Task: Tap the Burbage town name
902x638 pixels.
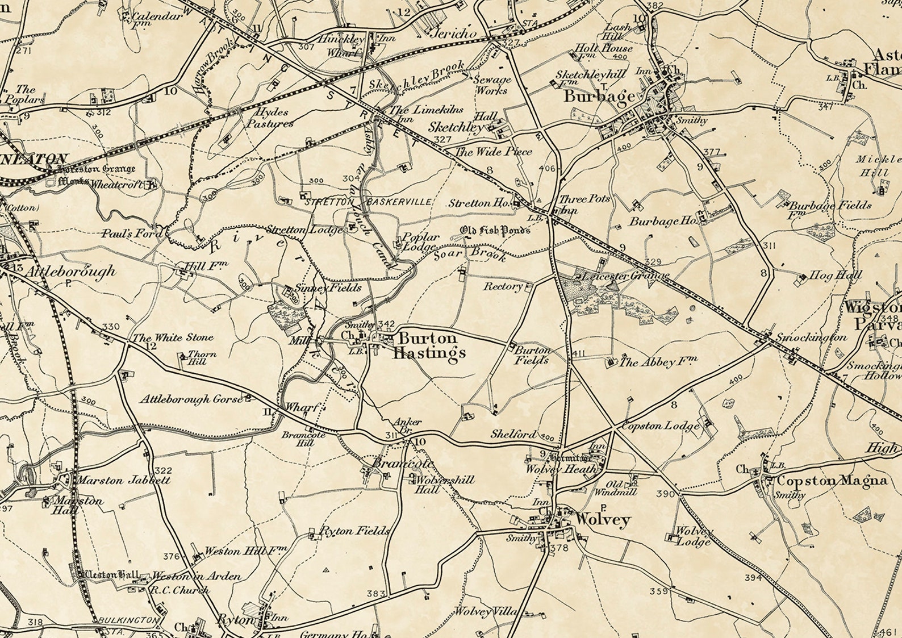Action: coord(599,97)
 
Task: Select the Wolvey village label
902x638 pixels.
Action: coord(603,519)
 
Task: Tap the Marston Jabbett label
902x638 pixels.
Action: coord(123,481)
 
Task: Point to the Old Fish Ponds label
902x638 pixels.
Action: coord(495,230)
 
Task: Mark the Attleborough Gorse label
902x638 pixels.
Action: coord(191,399)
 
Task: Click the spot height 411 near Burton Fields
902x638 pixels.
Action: coord(579,354)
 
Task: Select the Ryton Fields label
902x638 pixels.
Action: coord(355,531)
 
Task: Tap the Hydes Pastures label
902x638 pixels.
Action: coord(270,118)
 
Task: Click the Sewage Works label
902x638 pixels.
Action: coord(492,85)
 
